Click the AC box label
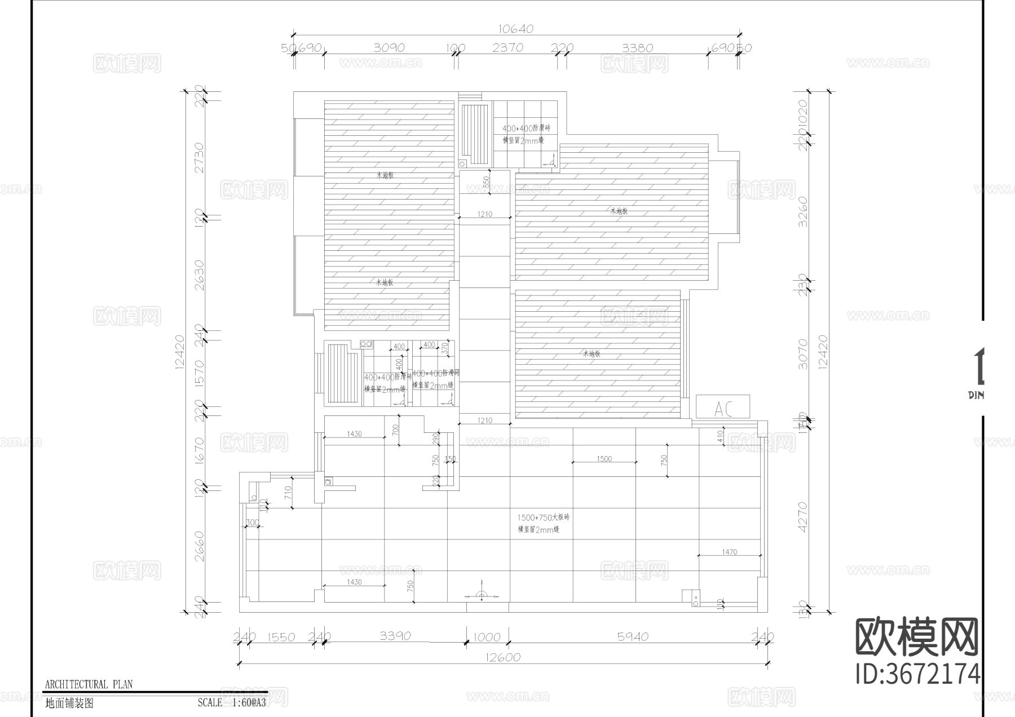point(722,408)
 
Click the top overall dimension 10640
point(516,29)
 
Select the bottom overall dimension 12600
point(502,657)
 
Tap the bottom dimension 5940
point(633,637)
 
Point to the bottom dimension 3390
point(395,636)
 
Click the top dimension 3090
point(389,48)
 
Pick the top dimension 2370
point(507,48)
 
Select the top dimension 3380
point(637,48)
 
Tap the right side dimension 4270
point(803,517)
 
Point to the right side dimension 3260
point(803,211)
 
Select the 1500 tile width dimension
point(604,459)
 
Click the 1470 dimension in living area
point(729,552)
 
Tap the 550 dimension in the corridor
point(486,182)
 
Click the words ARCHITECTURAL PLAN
point(89,684)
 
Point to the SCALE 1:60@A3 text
point(232,703)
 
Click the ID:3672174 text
point(917,674)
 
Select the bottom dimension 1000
point(487,637)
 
